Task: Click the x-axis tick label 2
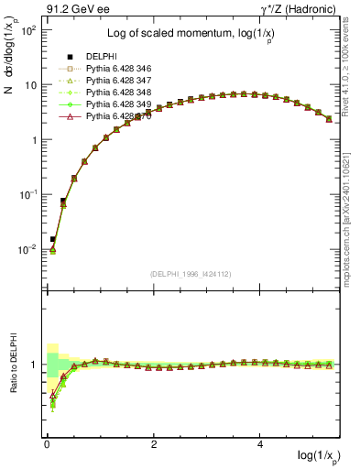tap(154, 444)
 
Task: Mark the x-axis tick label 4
tap(261, 444)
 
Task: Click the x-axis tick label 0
tap(47, 444)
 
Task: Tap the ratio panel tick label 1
tap(34, 365)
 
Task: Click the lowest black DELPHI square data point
tap(52, 239)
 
